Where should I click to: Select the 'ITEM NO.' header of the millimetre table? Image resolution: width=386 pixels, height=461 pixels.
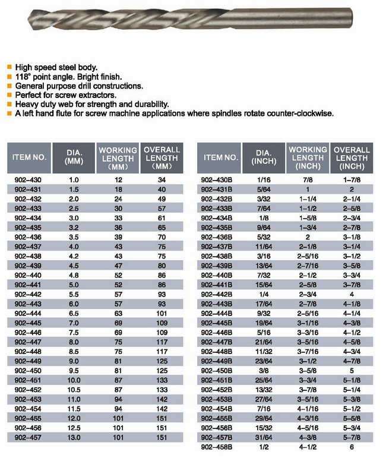[30, 158]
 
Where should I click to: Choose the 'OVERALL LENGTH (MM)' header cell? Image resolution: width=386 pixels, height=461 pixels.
[162, 158]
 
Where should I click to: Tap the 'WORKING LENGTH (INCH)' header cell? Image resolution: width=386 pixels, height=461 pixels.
[308, 158]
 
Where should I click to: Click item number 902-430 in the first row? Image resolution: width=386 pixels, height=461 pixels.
[29, 179]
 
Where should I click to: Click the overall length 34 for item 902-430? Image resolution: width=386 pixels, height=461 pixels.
[162, 179]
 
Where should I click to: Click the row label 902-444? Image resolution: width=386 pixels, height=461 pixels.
[29, 312]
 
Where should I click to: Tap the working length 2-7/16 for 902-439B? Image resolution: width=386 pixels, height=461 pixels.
[308, 265]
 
